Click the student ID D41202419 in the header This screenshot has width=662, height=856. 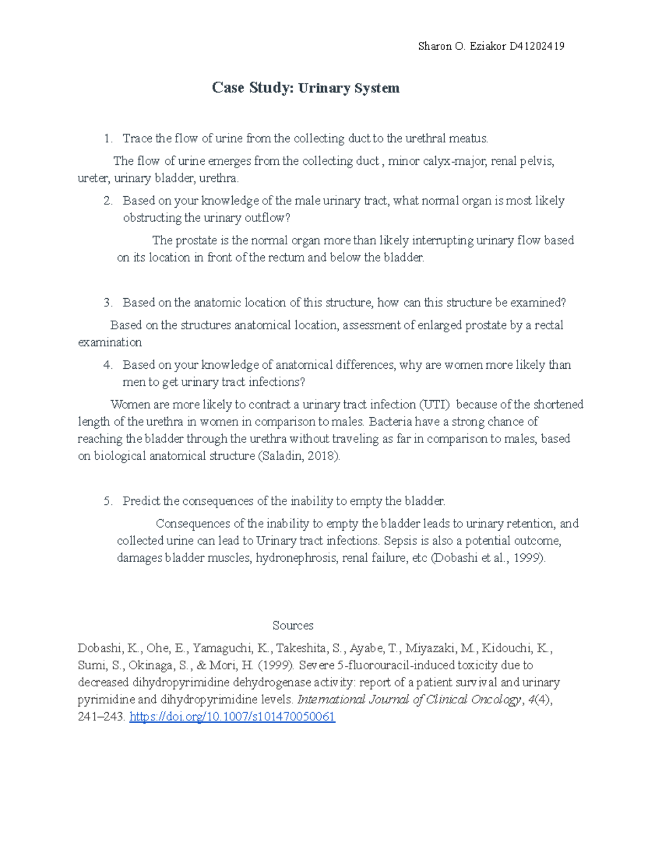(537, 46)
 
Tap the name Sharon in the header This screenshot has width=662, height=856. (435, 46)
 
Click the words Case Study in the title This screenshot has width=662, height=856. (252, 88)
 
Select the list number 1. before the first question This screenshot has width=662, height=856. (108, 138)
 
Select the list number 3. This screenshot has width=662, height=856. (108, 303)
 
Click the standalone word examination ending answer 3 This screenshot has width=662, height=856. (110, 342)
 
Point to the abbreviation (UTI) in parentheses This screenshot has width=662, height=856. (435, 405)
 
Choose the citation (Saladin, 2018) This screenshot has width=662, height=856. (299, 456)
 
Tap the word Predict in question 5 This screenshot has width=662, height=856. (142, 501)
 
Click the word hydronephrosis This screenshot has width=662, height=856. (296, 558)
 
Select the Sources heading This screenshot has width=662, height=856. (293, 626)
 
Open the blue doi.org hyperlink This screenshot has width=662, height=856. (232, 717)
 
